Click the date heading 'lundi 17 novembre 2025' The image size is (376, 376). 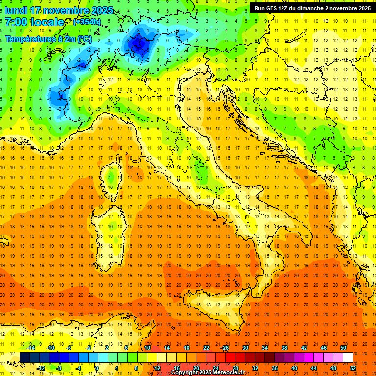(59, 10)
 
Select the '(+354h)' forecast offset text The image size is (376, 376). (88, 22)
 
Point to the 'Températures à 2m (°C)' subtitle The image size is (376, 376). (48, 39)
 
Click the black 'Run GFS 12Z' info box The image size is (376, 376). (312, 8)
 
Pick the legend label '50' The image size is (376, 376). (343, 348)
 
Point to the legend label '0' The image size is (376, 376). (97, 368)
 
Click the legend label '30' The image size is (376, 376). (245, 348)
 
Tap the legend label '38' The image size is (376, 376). (284, 348)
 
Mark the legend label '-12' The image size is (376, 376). (41, 368)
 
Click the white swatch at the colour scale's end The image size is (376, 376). (348, 357)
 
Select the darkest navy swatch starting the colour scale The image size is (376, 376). (24, 357)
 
